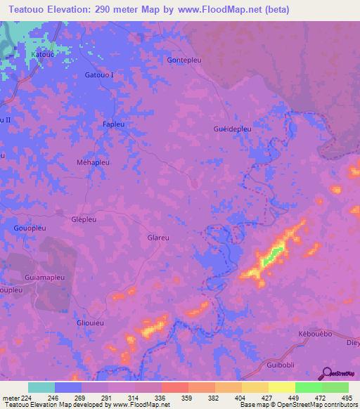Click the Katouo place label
tap(42, 53)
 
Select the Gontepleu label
tap(184, 60)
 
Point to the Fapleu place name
tap(114, 123)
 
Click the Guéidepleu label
tap(232, 129)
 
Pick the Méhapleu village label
tap(92, 162)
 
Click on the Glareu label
tap(158, 238)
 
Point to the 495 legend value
tap(346, 398)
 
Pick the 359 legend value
tap(174, 398)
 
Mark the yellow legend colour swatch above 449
tap(281, 387)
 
